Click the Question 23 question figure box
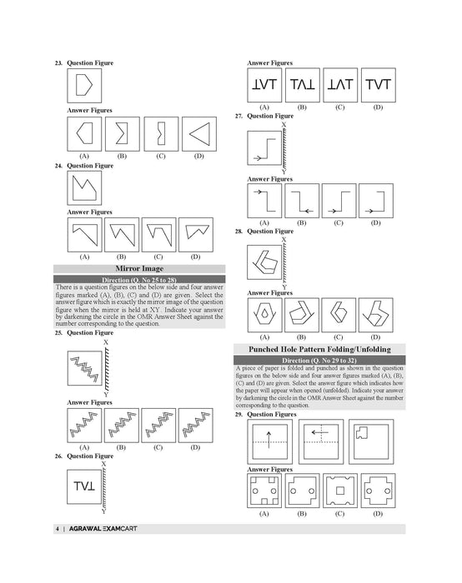(84, 86)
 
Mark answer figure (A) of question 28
(265, 316)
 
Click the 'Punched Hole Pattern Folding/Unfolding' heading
(319, 348)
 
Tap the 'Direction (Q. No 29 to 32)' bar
(319, 359)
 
